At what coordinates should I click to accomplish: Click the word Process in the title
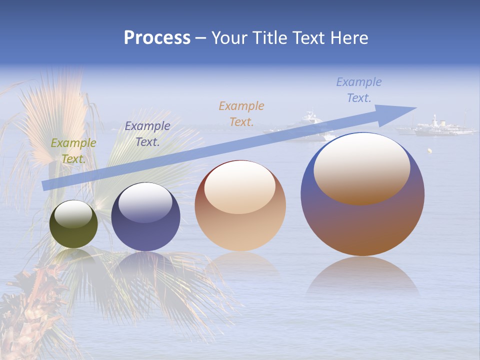tap(157, 38)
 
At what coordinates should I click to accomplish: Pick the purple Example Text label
tap(147, 134)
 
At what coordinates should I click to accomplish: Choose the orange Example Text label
tap(241, 113)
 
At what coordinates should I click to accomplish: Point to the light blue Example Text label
tap(359, 90)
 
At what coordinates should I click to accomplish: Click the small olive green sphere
tap(73, 224)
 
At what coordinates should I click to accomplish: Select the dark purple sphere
tap(145, 217)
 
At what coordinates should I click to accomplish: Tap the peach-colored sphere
tap(240, 206)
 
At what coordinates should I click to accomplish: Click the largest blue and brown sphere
tap(362, 194)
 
